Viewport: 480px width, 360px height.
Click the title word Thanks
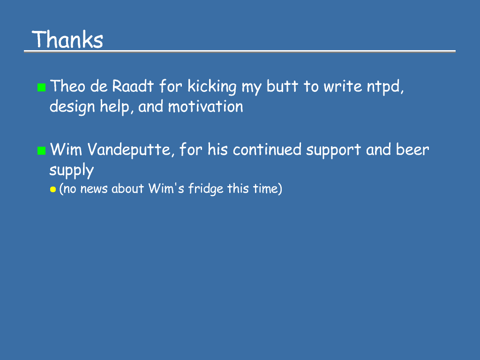click(67, 39)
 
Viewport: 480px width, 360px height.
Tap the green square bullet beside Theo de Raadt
click(41, 87)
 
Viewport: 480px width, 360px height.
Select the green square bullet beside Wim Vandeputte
click(41, 150)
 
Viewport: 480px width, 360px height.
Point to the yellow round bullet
click(53, 189)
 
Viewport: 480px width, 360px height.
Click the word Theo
click(67, 86)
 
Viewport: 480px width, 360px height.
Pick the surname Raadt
click(133, 86)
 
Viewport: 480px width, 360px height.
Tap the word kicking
click(212, 87)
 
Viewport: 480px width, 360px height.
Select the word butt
click(282, 86)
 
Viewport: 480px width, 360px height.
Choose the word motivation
click(205, 106)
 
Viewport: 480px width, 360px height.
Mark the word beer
click(412, 150)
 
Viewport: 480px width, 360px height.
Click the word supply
click(72, 171)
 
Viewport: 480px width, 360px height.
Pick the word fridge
click(206, 189)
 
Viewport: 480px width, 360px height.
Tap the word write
click(343, 86)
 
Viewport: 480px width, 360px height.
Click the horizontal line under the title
click(240, 52)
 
